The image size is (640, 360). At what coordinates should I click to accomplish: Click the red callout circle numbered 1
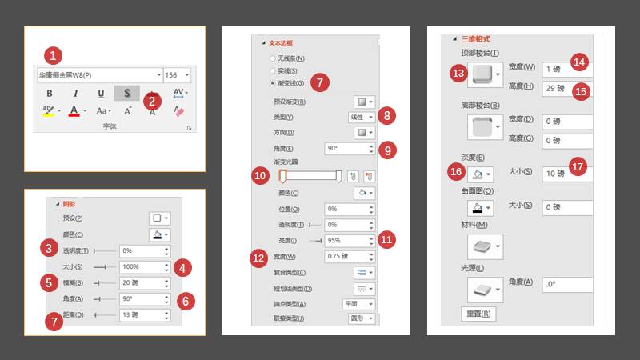coord(52,55)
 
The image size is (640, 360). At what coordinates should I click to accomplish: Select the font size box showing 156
coord(175,74)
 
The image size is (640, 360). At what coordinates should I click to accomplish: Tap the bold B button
coord(49,93)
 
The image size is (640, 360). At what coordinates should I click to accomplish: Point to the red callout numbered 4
coord(185,267)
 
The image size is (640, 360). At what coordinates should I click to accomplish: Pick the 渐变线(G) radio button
coord(274,82)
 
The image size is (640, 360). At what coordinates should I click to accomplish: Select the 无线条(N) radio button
coord(274,59)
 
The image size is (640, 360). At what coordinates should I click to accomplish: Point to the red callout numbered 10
coord(261,176)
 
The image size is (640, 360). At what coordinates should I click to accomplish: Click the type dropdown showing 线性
coord(362,117)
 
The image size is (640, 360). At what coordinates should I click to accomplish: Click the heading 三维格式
coord(476,38)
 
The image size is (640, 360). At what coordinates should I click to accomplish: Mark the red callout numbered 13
coord(458,74)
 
